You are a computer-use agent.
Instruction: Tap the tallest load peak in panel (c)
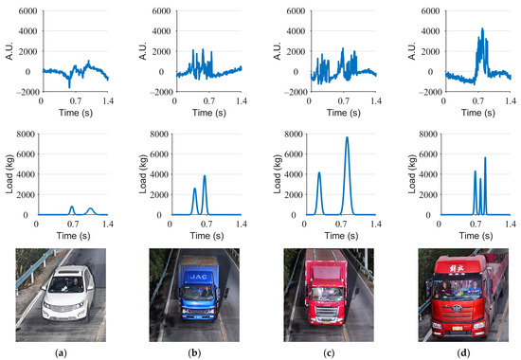pyautogui.click(x=347, y=138)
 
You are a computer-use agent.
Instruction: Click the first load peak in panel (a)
pyautogui.click(x=72, y=207)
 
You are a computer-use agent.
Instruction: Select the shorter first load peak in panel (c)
pyautogui.click(x=319, y=173)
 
